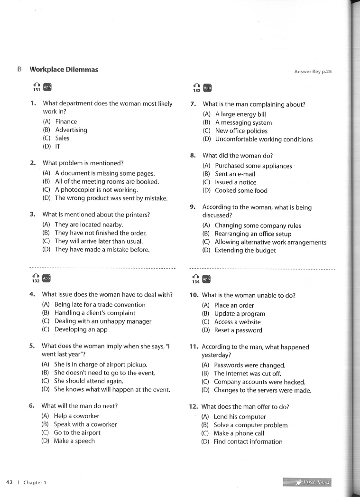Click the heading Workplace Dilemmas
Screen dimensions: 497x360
point(64,69)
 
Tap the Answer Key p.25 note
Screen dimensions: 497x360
point(313,72)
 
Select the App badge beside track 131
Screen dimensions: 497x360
point(47,87)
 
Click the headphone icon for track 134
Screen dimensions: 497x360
point(195,278)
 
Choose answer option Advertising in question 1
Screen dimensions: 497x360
point(71,130)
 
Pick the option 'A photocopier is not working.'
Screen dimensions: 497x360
point(96,190)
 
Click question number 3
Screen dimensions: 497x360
point(33,215)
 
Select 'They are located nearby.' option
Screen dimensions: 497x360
point(89,224)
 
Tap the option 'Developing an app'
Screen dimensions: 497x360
point(81,329)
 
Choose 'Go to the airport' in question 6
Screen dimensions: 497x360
point(77,432)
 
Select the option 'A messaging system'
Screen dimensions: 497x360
point(243,122)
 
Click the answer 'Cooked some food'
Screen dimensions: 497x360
point(241,190)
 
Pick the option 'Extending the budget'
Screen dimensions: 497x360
point(245,250)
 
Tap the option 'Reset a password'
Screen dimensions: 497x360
point(238,330)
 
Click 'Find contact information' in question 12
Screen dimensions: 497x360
point(248,441)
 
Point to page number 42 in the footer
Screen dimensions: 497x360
point(9,482)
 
